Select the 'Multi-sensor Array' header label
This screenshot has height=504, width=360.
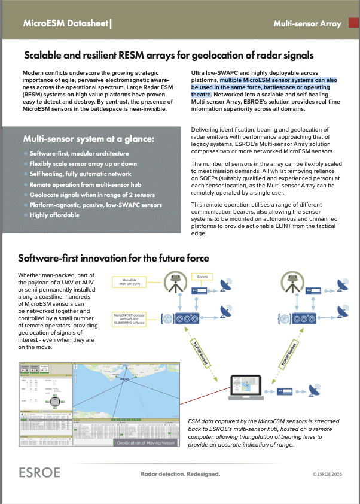(307, 24)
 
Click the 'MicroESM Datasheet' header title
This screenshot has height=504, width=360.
(66, 24)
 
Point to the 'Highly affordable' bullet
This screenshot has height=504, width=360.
(54, 215)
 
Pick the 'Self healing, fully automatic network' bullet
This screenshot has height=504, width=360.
(80, 174)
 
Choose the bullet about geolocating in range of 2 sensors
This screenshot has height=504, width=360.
(93, 195)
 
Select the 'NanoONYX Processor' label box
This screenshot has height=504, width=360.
(130, 320)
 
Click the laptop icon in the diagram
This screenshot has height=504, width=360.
(248, 384)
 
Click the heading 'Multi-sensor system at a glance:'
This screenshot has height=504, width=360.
(89, 138)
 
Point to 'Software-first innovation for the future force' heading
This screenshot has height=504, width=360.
(114, 259)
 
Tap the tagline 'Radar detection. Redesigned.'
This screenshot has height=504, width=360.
(180, 474)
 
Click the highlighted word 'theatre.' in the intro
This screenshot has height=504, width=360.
(202, 95)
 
